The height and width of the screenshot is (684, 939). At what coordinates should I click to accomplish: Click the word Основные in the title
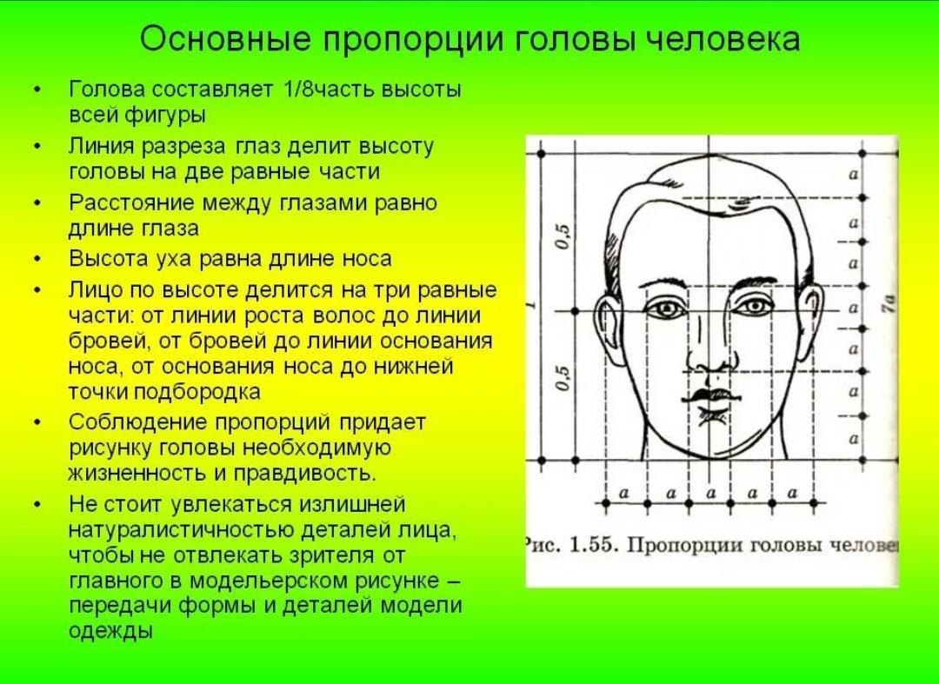(x=226, y=39)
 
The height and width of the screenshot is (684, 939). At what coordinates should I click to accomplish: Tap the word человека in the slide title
(x=724, y=39)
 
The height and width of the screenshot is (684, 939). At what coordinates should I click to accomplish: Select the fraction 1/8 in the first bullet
(x=297, y=90)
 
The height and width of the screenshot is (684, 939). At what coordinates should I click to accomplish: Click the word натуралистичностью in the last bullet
(x=182, y=529)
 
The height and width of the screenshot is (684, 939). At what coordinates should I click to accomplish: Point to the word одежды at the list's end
(x=110, y=631)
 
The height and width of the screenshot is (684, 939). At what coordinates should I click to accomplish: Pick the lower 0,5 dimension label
(x=563, y=379)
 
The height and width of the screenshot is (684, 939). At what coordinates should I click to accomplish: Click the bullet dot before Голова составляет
(x=37, y=90)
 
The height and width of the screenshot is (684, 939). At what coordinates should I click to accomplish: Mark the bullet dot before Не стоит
(x=37, y=505)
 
